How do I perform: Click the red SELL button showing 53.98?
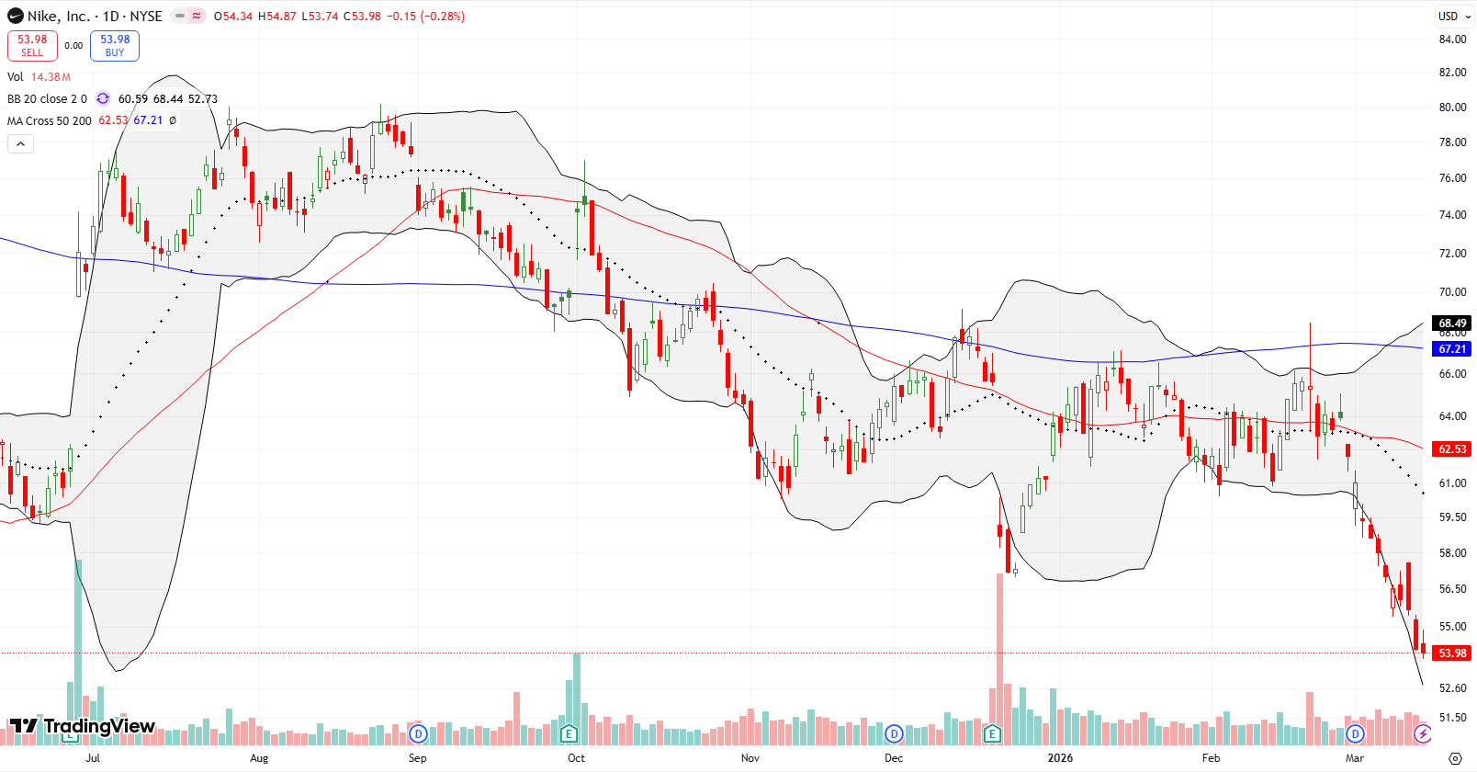click(32, 45)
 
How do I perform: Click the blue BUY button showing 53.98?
click(115, 45)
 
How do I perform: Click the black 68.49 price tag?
click(1452, 324)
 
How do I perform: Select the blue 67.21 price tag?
click(1452, 349)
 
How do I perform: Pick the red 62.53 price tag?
click(1452, 449)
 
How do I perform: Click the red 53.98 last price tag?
click(1452, 653)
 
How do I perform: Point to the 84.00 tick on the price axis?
click(1452, 40)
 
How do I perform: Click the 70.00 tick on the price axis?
click(1452, 292)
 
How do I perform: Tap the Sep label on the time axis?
click(417, 758)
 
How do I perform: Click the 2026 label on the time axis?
click(1060, 758)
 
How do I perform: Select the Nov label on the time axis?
click(750, 758)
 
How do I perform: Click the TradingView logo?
click(83, 727)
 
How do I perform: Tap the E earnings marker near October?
click(569, 733)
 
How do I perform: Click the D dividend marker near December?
click(894, 733)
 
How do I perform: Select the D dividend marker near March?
click(1355, 733)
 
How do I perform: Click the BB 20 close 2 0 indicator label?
click(47, 99)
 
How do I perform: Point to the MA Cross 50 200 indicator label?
click(50, 120)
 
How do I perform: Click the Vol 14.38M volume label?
click(39, 77)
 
